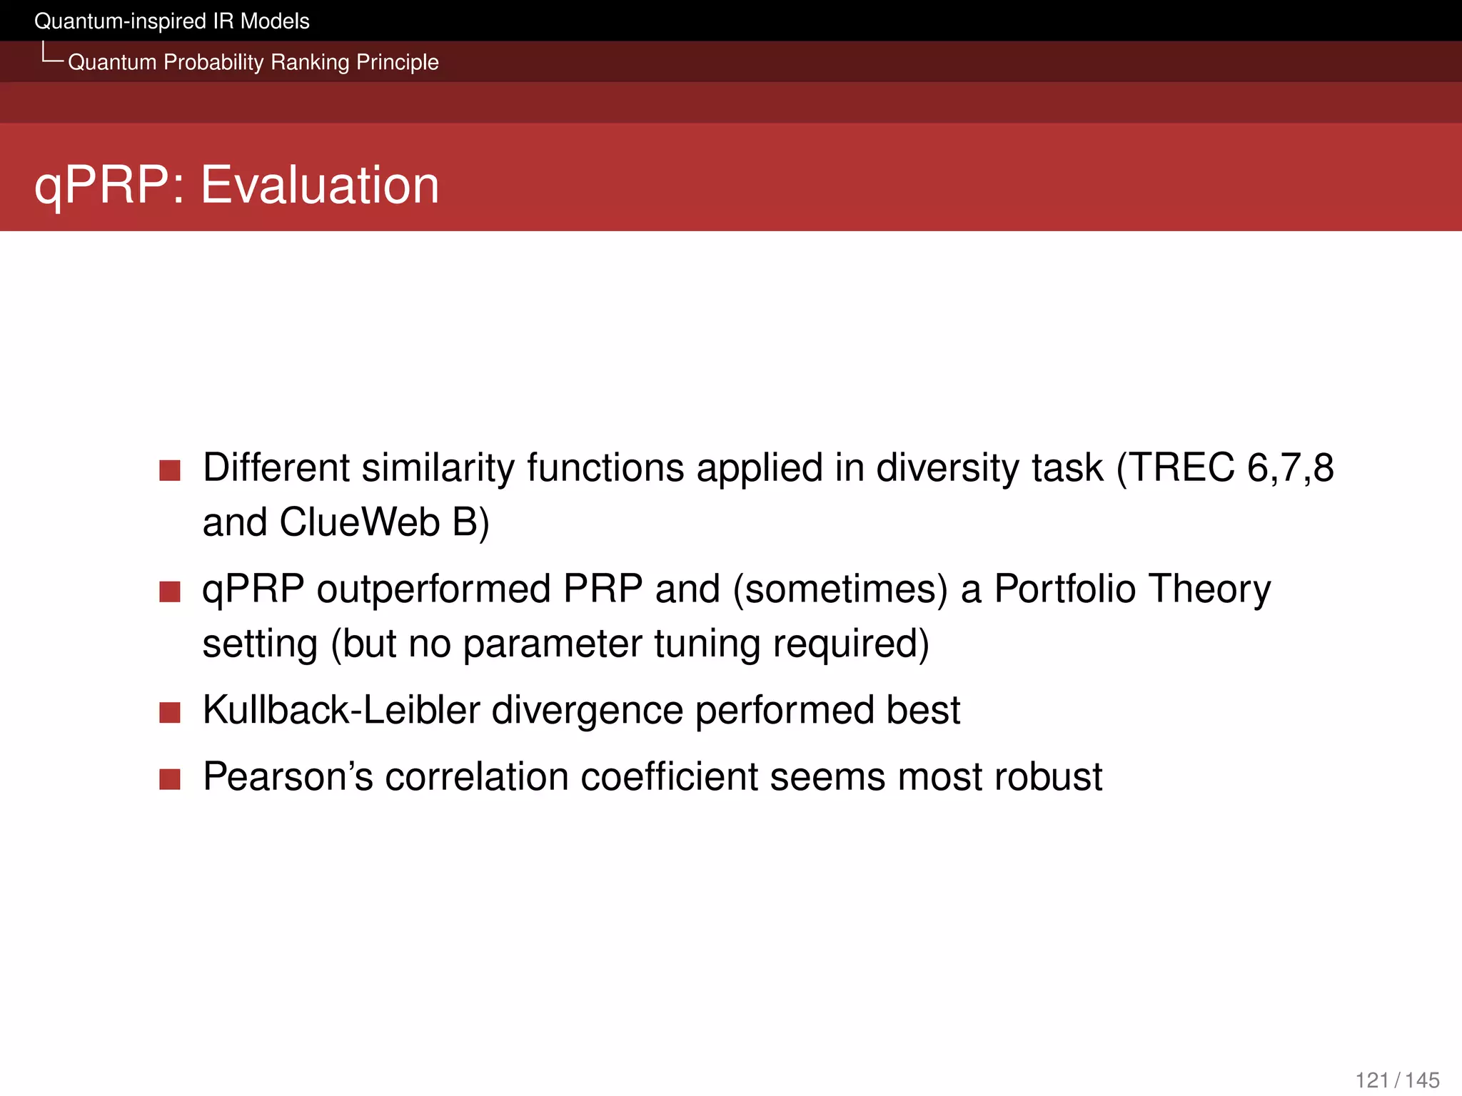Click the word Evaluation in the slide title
pyautogui.click(x=319, y=185)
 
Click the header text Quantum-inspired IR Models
pyautogui.click(x=171, y=21)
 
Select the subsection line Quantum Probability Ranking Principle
pyautogui.click(x=253, y=62)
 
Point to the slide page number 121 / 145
pyautogui.click(x=1396, y=1080)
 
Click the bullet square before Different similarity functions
pyautogui.click(x=170, y=471)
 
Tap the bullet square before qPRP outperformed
pyautogui.click(x=170, y=592)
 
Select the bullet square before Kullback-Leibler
pyautogui.click(x=170, y=712)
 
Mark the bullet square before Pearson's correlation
pyautogui.click(x=170, y=778)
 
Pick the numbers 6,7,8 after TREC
pyautogui.click(x=1290, y=468)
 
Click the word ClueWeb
pyautogui.click(x=359, y=522)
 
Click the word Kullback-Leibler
pyautogui.click(x=341, y=710)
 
